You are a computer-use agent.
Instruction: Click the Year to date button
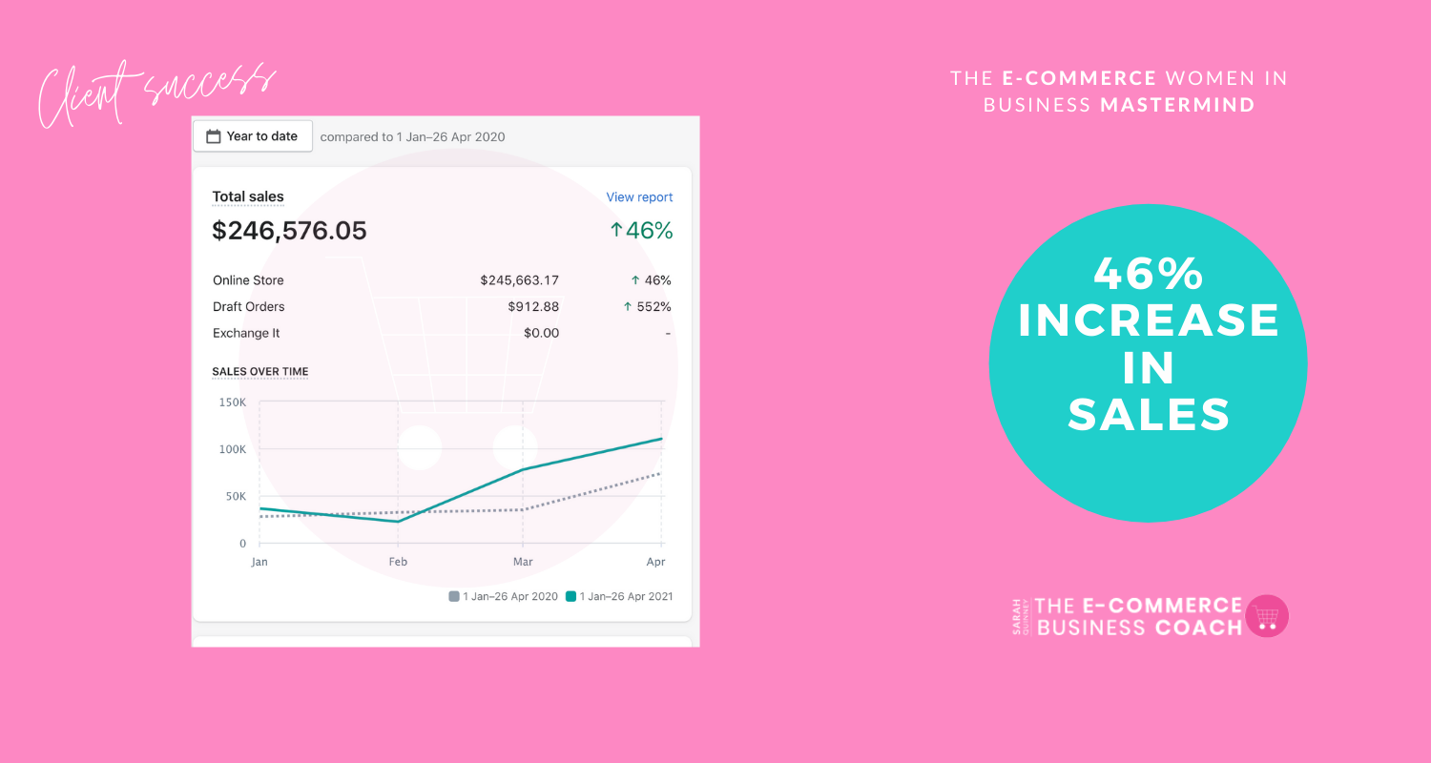[x=253, y=136]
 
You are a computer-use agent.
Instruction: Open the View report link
[x=639, y=197]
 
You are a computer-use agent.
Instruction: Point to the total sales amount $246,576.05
[x=289, y=231]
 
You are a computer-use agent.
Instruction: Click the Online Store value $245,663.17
[x=519, y=280]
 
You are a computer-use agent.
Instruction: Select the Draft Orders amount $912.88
[x=533, y=306]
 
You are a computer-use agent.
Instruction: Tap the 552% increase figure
[x=647, y=306]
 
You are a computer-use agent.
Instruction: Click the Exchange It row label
[x=246, y=333]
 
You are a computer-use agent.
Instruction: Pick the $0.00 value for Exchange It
[x=541, y=333]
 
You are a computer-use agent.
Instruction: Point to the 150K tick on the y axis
[x=233, y=402]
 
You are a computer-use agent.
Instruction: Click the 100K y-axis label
[x=233, y=449]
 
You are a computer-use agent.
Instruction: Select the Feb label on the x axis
[x=398, y=562]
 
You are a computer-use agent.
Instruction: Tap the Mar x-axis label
[x=523, y=562]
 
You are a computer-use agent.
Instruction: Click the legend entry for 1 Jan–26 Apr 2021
[x=619, y=596]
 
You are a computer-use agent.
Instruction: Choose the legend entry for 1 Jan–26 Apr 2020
[x=504, y=596]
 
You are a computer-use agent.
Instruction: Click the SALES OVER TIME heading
[x=260, y=372]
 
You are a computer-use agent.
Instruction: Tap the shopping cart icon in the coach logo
[x=1267, y=616]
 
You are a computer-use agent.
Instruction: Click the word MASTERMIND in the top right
[x=1178, y=105]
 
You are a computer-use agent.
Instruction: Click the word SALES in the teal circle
[x=1149, y=414]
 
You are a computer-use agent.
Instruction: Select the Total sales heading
[x=248, y=196]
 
